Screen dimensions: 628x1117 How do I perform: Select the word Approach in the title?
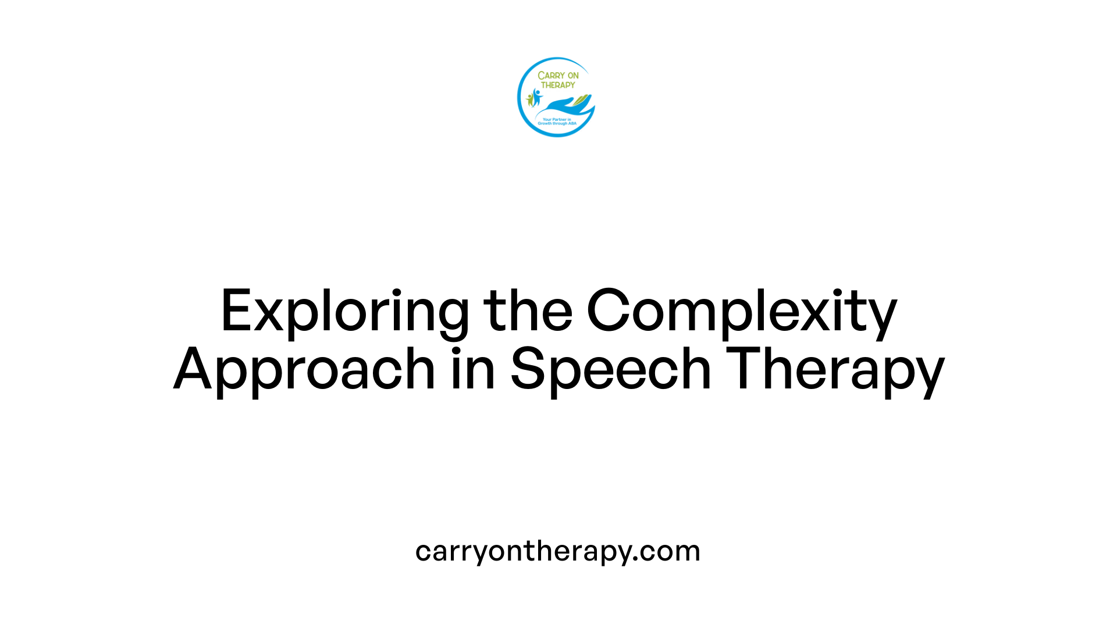coord(304,370)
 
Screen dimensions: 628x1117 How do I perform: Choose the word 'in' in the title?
coord(473,370)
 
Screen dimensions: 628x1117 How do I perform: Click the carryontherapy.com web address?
coord(558,551)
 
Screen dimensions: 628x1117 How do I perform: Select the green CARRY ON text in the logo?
coord(558,76)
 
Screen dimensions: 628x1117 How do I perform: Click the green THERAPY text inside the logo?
coord(558,85)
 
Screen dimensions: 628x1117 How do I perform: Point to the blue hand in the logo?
coord(561,106)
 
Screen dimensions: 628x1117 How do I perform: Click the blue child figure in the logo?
coord(536,97)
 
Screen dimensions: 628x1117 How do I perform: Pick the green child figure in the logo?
coord(529,99)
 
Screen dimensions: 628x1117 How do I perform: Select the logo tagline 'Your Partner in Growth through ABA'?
coord(557,122)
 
